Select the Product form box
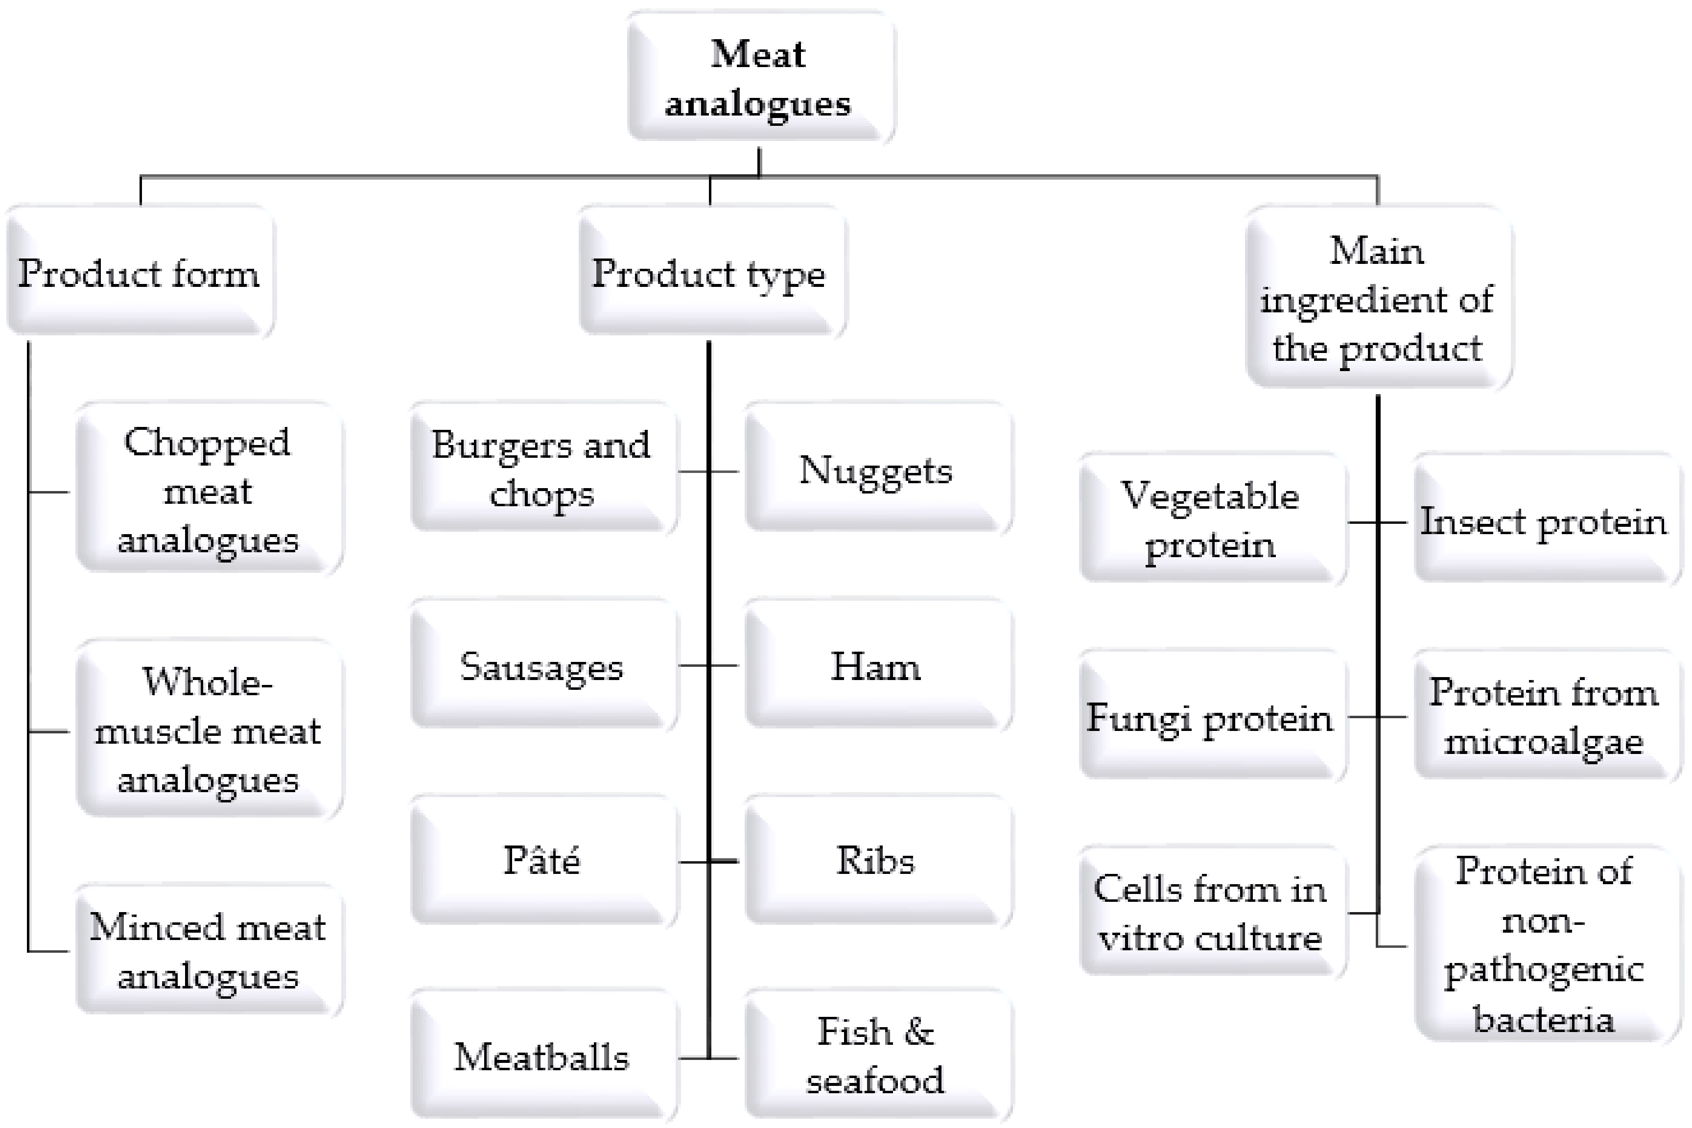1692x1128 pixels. click(140, 272)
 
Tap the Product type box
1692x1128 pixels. click(711, 272)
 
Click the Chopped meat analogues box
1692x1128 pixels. click(208, 490)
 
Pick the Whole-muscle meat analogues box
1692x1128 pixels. click(208, 729)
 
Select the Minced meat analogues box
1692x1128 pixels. click(208, 950)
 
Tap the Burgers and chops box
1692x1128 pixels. click(542, 469)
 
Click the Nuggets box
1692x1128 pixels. click(876, 469)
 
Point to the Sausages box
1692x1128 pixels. click(542, 665)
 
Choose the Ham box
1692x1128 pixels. click(876, 665)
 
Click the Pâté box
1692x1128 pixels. click(542, 860)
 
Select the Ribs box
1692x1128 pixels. click(876, 860)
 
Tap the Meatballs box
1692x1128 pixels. click(542, 1056)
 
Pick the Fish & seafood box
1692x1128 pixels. click(876, 1056)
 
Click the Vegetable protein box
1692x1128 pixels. click(1211, 519)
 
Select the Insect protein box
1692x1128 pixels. click(1544, 519)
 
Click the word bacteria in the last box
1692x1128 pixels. click(1544, 1019)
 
